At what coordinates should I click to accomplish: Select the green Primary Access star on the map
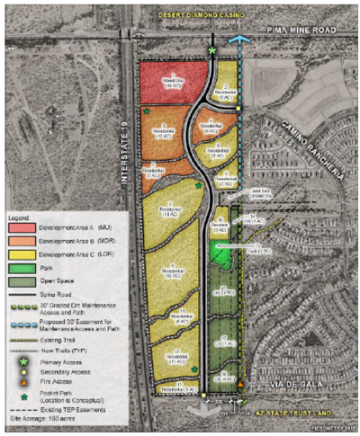click(x=212, y=52)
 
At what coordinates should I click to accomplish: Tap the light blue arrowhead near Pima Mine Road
click(x=238, y=40)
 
